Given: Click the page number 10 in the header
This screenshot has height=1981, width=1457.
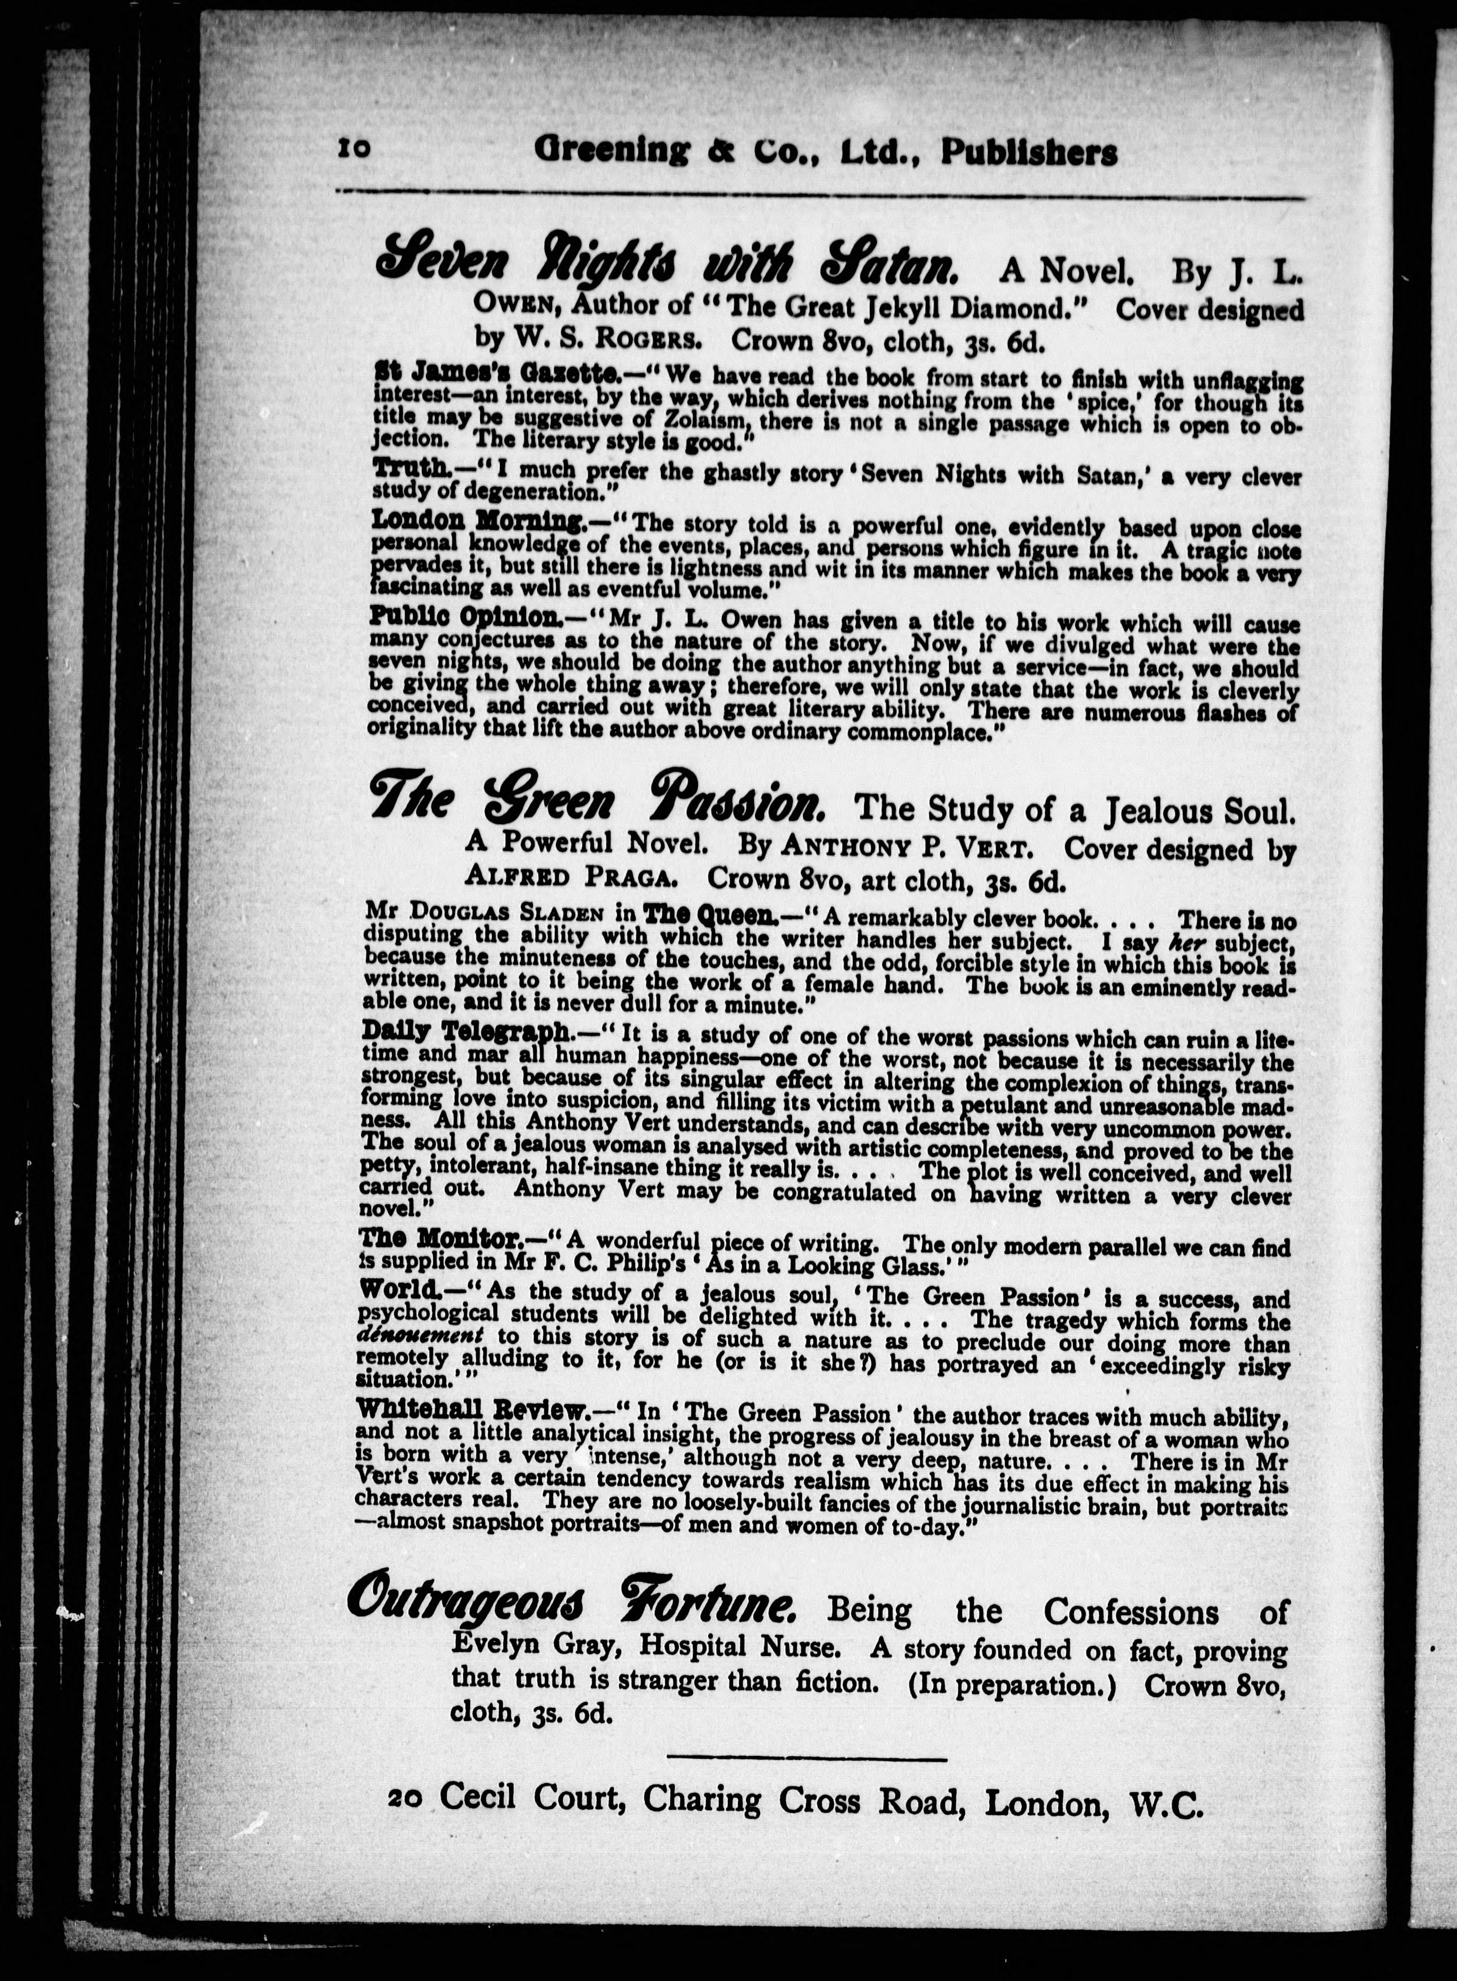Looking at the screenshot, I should (x=355, y=150).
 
